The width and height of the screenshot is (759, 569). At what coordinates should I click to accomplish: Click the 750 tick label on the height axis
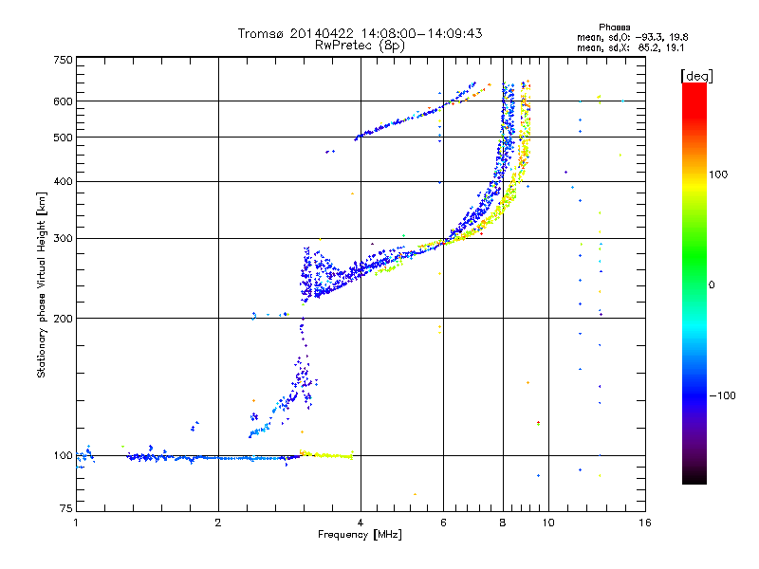pos(64,60)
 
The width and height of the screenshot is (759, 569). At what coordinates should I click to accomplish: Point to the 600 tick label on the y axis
pos(64,101)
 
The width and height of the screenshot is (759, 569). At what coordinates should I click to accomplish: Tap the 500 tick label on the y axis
pos(64,137)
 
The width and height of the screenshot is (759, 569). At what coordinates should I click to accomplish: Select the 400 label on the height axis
pos(64,181)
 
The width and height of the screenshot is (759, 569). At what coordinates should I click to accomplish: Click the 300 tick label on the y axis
pos(64,238)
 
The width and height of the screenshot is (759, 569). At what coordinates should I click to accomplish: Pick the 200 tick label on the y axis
pos(64,318)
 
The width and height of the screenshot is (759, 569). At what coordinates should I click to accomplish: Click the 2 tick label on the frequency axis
pos(218,523)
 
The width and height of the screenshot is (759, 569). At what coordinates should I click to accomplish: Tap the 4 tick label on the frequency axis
pos(361,523)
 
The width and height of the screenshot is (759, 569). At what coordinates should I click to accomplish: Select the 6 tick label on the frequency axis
pos(444,523)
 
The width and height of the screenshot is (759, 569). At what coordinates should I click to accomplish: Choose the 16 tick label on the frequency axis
pos(644,523)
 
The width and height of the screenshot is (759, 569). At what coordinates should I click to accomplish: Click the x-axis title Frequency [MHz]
pos(360,536)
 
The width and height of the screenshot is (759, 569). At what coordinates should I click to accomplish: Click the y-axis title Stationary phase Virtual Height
pos(42,284)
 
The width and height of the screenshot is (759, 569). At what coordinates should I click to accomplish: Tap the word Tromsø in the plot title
pos(260,33)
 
